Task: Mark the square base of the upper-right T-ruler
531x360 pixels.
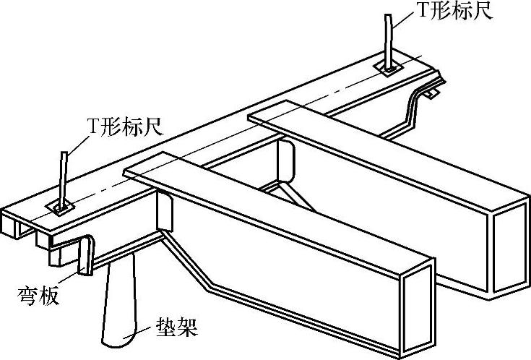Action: click(x=391, y=68)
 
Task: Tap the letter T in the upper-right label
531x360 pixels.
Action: click(x=418, y=13)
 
